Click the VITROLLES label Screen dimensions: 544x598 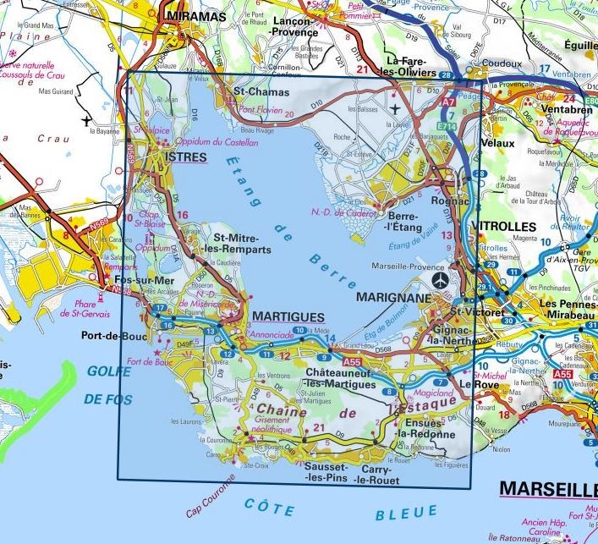pyautogui.click(x=507, y=227)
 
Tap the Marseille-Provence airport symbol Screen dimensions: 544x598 pyautogui.click(x=439, y=279)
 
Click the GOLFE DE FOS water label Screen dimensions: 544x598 pyautogui.click(x=118, y=382)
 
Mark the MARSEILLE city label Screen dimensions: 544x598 pyautogui.click(x=547, y=489)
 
